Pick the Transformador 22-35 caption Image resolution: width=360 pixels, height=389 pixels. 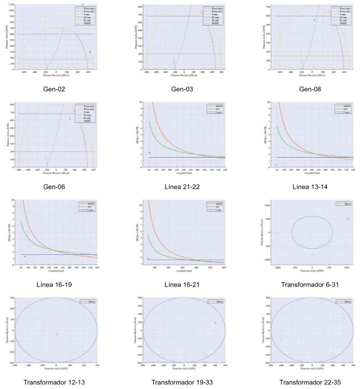(306, 381)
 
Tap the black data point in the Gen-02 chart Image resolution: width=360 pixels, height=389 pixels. (90, 52)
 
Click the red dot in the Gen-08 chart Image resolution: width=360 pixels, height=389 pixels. (314, 20)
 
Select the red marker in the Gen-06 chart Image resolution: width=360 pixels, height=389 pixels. (70, 118)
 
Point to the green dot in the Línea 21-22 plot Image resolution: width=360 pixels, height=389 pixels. (150, 153)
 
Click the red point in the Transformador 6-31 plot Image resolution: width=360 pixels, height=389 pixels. (348, 219)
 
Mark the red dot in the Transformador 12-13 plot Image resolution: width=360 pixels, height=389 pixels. (57, 335)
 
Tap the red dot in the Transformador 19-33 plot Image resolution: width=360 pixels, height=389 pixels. (216, 323)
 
